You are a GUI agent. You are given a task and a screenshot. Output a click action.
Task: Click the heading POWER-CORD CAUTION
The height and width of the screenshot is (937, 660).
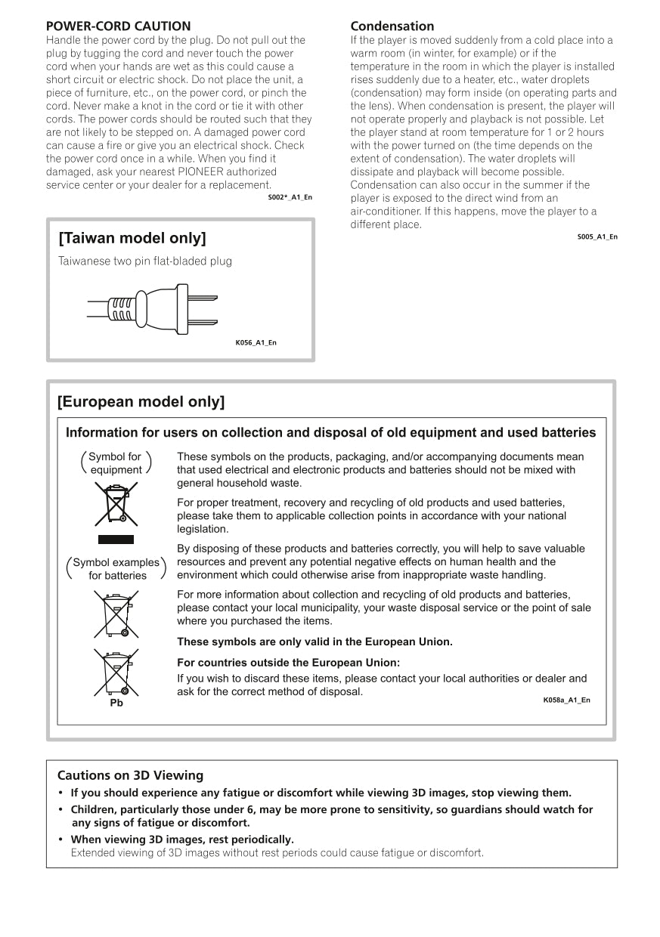tap(118, 26)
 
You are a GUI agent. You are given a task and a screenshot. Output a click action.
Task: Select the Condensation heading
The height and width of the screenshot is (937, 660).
tap(392, 26)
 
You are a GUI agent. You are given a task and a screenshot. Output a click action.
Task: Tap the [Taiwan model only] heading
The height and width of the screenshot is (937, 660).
tap(132, 239)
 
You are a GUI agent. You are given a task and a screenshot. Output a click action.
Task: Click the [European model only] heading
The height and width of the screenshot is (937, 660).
tap(141, 402)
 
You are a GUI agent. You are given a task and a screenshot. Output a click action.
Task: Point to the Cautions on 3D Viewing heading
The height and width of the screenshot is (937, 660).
tap(130, 775)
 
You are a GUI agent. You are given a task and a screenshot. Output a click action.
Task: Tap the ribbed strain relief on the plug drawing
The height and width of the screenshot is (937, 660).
tap(123, 308)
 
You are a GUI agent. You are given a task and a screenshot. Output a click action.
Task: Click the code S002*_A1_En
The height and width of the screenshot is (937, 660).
tap(290, 197)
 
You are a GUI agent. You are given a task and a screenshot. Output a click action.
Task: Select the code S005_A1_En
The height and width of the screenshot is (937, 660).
tap(596, 237)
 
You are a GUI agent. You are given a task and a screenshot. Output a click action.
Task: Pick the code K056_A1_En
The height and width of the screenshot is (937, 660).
tap(256, 343)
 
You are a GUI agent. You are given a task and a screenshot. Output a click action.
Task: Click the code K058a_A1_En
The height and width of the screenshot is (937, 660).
tap(566, 700)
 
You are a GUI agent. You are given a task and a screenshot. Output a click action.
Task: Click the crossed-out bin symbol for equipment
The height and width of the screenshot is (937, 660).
tap(116, 503)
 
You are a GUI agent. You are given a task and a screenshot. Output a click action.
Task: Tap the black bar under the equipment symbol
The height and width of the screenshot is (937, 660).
tap(116, 540)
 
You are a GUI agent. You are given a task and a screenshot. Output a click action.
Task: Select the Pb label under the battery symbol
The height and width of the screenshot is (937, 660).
tap(116, 703)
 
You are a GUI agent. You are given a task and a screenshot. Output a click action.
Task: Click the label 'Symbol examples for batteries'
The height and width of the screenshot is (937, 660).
tap(116, 569)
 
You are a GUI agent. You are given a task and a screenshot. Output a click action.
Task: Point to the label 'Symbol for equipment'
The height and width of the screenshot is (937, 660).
tap(116, 463)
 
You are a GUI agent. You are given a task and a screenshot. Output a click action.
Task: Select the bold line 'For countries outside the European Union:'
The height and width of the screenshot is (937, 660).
tap(288, 663)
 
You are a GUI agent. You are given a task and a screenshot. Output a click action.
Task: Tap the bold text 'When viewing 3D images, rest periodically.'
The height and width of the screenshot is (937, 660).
tap(182, 840)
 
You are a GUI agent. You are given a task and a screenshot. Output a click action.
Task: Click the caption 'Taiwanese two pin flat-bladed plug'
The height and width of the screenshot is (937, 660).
tap(145, 261)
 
